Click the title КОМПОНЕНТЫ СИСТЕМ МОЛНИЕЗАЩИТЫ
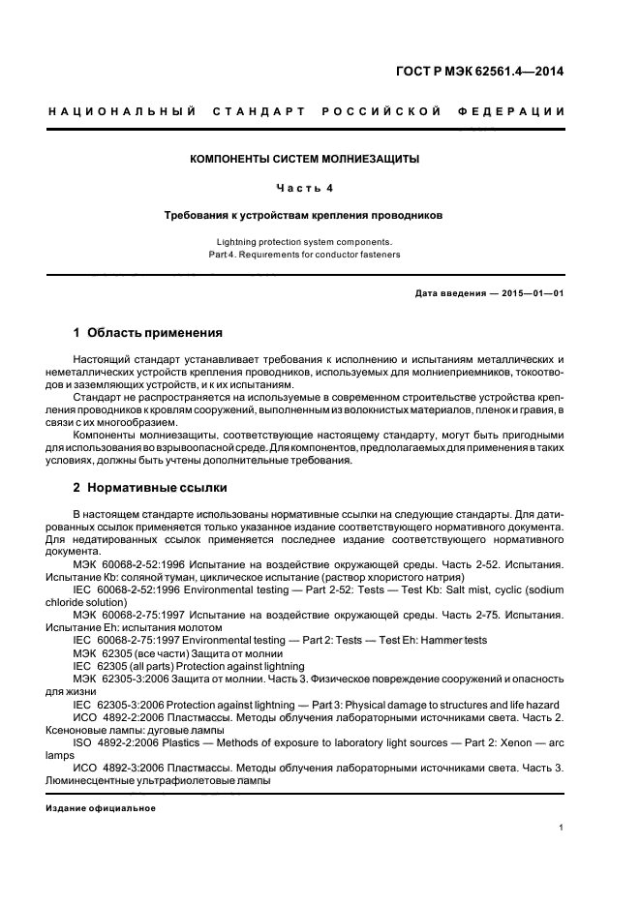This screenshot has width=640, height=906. [x=304, y=158]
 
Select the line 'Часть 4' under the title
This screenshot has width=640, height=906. [x=305, y=187]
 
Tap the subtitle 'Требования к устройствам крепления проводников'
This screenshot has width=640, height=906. [x=304, y=216]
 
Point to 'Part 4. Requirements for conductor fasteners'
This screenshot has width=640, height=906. [x=304, y=255]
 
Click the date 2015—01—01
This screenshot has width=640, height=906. [x=531, y=292]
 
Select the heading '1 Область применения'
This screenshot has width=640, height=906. [x=147, y=333]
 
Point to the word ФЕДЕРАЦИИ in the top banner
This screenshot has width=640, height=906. [x=518, y=111]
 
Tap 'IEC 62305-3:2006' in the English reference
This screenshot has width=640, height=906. [x=121, y=704]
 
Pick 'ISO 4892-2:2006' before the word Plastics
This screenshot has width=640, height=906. [x=121, y=741]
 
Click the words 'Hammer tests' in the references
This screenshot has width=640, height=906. [x=455, y=641]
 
